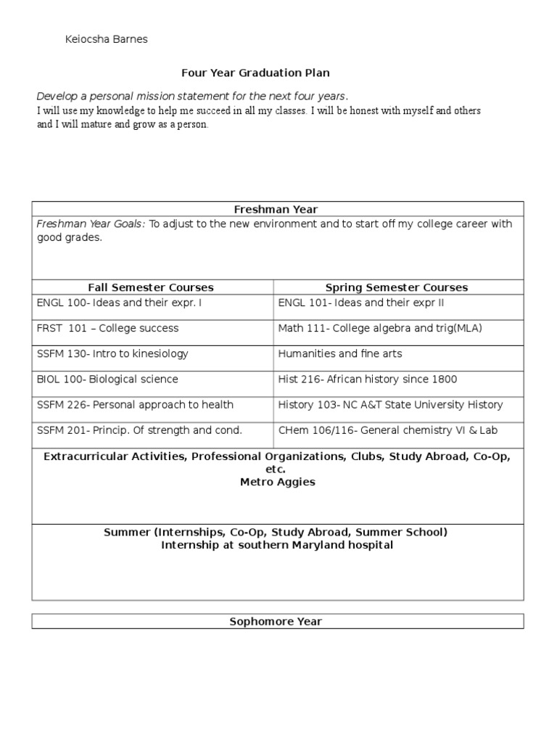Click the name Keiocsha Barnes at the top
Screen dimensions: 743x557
point(106,39)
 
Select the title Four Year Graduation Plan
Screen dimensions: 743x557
point(255,73)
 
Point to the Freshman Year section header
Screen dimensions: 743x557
point(276,210)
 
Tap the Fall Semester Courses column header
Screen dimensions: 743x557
point(151,287)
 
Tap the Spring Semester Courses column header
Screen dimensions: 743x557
point(397,287)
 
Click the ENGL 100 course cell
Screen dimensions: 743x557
point(119,303)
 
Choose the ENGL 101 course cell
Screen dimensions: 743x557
point(360,303)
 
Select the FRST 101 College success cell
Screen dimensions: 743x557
point(107,329)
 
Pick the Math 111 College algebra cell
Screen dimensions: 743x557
point(380,329)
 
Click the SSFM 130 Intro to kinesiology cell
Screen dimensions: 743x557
point(112,354)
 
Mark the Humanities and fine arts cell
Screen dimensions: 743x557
point(340,354)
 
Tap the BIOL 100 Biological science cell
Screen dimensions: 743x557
point(107,379)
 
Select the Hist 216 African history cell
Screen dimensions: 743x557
point(368,379)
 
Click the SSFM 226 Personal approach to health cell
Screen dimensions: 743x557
point(135,405)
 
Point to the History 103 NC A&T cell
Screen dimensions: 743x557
point(390,405)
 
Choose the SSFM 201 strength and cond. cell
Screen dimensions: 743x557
point(139,430)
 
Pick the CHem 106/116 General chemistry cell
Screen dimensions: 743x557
point(388,430)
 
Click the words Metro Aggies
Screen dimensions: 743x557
point(278,482)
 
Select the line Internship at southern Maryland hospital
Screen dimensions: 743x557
point(277,545)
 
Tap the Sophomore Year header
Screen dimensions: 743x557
point(276,622)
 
